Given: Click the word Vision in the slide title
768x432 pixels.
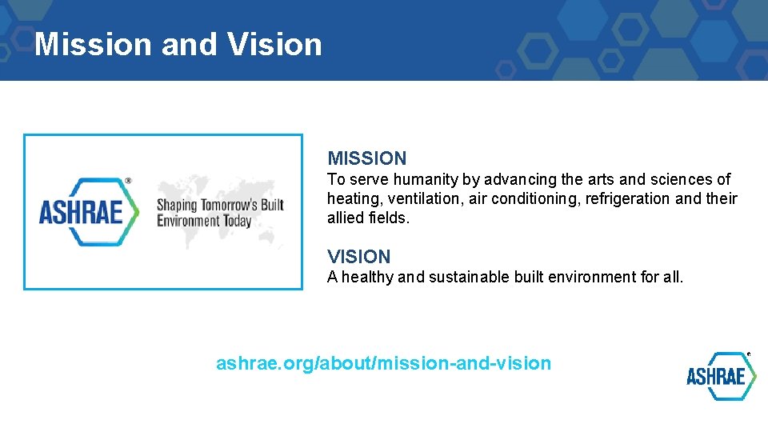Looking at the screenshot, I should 274,44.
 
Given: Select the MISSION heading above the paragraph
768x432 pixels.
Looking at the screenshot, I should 366,158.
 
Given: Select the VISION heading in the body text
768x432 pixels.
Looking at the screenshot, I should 358,257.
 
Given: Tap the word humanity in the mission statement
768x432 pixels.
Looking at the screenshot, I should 422,179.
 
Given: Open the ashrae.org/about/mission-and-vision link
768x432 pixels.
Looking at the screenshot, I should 383,363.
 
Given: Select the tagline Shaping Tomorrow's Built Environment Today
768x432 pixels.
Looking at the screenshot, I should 219,212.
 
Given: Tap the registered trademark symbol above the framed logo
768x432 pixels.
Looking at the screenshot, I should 128,182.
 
